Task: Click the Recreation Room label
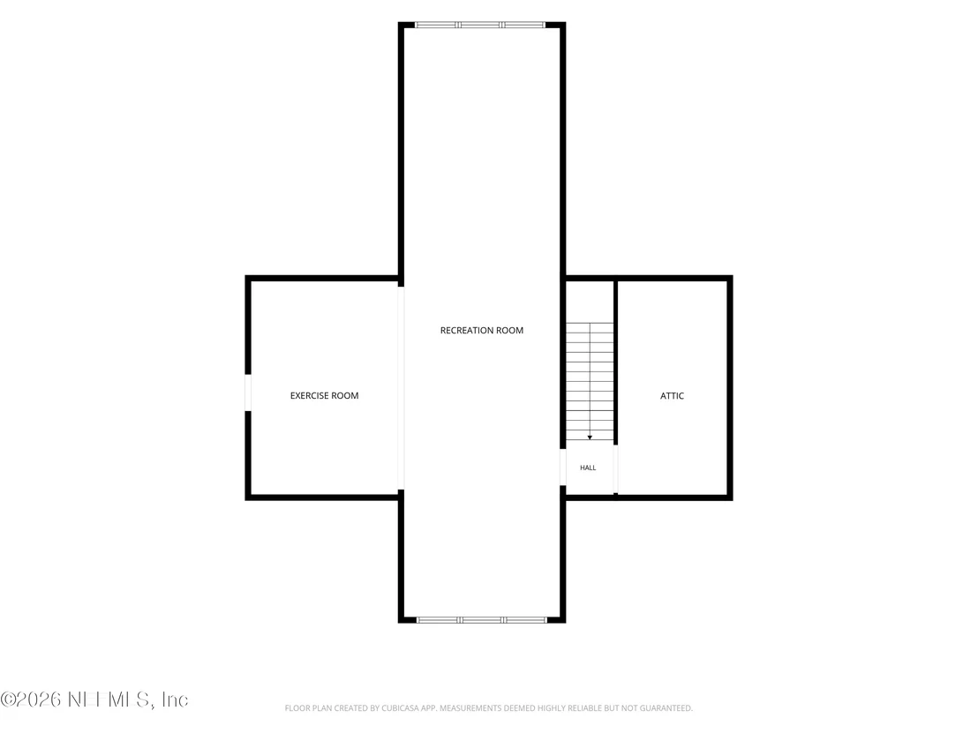pyautogui.click(x=482, y=331)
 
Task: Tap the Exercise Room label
pyautogui.click(x=324, y=395)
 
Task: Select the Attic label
pyautogui.click(x=672, y=396)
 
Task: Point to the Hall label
pyautogui.click(x=588, y=467)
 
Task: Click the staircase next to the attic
pyautogui.click(x=590, y=381)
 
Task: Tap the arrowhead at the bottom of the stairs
pyautogui.click(x=590, y=438)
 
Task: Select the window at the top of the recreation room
pyautogui.click(x=480, y=25)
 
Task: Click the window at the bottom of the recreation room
pyautogui.click(x=482, y=620)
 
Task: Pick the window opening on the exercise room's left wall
pyautogui.click(x=248, y=393)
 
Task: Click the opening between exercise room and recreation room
pyautogui.click(x=401, y=388)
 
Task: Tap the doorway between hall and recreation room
pyautogui.click(x=562, y=467)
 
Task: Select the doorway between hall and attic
pyautogui.click(x=615, y=469)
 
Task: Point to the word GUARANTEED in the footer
pyautogui.click(x=669, y=708)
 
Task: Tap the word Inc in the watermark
pyautogui.click(x=175, y=700)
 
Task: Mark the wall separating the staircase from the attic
pyautogui.click(x=615, y=363)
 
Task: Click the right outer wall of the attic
pyautogui.click(x=730, y=388)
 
